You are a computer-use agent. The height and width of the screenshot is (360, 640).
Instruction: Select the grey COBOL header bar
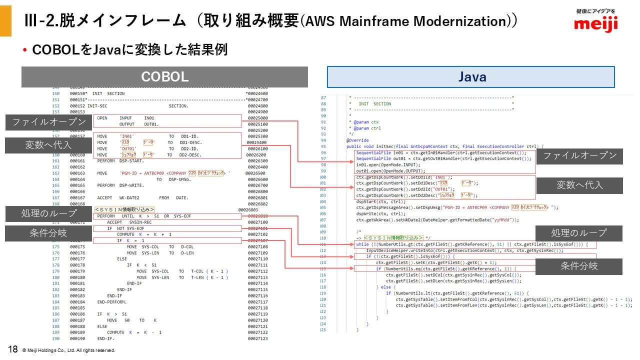click(164, 77)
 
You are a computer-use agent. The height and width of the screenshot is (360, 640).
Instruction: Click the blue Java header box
click(471, 77)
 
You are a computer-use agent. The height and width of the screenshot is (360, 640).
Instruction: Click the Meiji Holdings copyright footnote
click(69, 350)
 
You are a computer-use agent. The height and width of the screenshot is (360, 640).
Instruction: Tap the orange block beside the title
click(5, 18)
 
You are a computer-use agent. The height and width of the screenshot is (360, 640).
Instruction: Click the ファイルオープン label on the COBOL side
click(48, 122)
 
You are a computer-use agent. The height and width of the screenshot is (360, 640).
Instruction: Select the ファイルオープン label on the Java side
click(580, 155)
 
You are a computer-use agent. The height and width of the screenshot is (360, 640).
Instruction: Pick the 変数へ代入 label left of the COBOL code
click(48, 145)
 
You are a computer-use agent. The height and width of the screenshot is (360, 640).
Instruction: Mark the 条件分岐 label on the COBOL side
click(48, 233)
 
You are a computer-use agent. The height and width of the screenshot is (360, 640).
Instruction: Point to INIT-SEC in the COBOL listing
click(97, 106)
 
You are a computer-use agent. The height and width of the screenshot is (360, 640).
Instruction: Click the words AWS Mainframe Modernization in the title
click(406, 21)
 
